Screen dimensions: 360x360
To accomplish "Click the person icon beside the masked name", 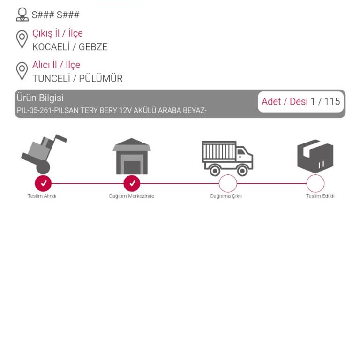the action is pyautogui.click(x=22, y=15).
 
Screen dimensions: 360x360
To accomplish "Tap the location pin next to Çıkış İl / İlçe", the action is pyautogui.click(x=22, y=39).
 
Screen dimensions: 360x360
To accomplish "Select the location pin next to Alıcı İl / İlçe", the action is pyautogui.click(x=22, y=71).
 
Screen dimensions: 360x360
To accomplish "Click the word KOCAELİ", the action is pyautogui.click(x=51, y=47).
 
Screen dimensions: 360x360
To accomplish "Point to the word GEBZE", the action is pyautogui.click(x=93, y=47).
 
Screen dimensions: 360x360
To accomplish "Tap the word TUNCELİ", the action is pyautogui.click(x=51, y=79).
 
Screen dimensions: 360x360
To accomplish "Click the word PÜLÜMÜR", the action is pyautogui.click(x=101, y=78).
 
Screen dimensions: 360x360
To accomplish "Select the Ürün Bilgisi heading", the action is pyautogui.click(x=40, y=98).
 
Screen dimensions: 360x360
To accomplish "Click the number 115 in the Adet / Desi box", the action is pyautogui.click(x=332, y=101).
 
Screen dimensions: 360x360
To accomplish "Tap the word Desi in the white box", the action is pyautogui.click(x=299, y=101).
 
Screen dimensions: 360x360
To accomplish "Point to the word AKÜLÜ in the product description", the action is pyautogui.click(x=145, y=110).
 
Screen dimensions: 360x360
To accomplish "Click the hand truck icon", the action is pyautogui.click(x=44, y=154).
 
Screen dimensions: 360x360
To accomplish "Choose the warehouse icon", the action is pyautogui.click(x=132, y=156).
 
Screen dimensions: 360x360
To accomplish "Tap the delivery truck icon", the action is pyautogui.click(x=227, y=158).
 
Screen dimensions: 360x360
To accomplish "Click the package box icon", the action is pyautogui.click(x=315, y=156).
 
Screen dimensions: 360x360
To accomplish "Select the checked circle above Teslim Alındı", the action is pyautogui.click(x=43, y=183).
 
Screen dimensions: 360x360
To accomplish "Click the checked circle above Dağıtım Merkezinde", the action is pyautogui.click(x=132, y=183).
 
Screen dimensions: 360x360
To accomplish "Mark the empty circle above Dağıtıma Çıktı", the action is pyautogui.click(x=228, y=183).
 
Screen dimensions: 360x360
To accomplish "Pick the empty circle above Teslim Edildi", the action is pyautogui.click(x=315, y=183).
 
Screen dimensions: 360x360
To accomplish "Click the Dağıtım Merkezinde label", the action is pyautogui.click(x=132, y=196).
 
